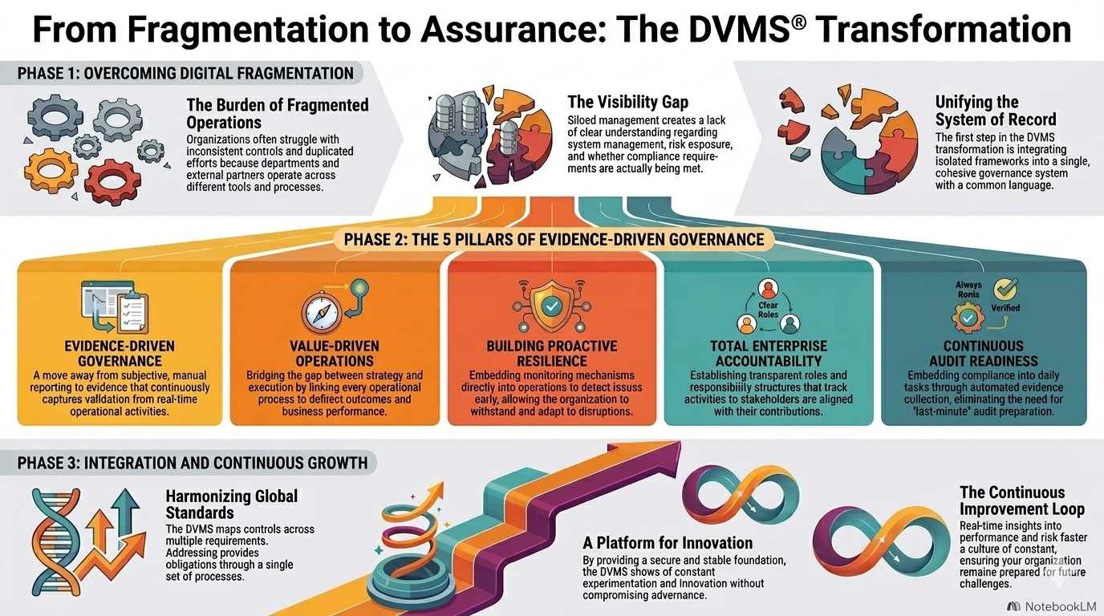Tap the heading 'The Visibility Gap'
click(627, 102)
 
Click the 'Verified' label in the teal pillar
click(1005, 308)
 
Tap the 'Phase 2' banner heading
click(554, 239)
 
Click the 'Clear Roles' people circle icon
click(769, 309)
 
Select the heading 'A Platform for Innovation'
click(668, 543)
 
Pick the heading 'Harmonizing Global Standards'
click(231, 504)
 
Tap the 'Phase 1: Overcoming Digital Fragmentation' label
click(185, 73)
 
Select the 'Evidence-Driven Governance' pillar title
click(120, 354)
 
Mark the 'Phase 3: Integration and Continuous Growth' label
click(193, 463)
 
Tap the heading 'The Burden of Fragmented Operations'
click(277, 113)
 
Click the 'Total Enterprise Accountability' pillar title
click(769, 354)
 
